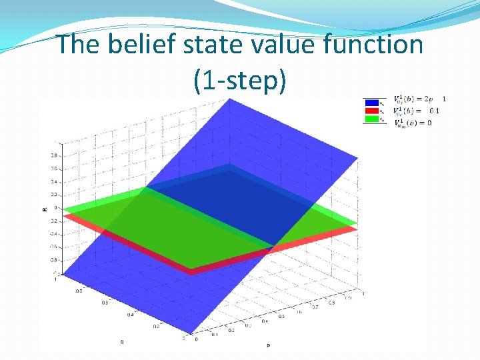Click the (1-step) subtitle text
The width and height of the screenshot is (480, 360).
point(240,80)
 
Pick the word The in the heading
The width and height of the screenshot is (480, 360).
point(79,45)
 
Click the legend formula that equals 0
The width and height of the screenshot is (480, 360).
point(413,123)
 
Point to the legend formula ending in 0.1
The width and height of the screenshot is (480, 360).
point(417,111)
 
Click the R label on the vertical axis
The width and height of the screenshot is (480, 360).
point(45,209)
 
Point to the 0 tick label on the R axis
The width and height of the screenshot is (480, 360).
point(56,207)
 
